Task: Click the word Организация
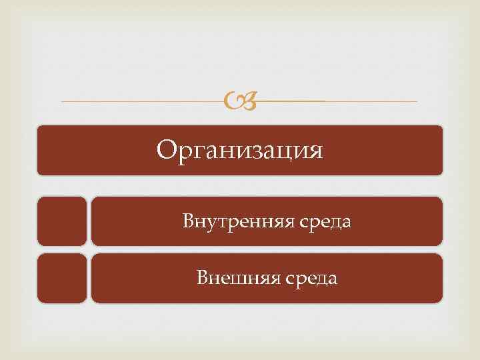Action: click(x=239, y=150)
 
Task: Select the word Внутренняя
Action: click(x=228, y=221)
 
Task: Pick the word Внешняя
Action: click(x=229, y=277)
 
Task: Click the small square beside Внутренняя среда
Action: click(x=62, y=221)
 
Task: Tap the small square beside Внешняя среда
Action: click(x=62, y=277)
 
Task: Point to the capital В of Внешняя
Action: click(x=203, y=277)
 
